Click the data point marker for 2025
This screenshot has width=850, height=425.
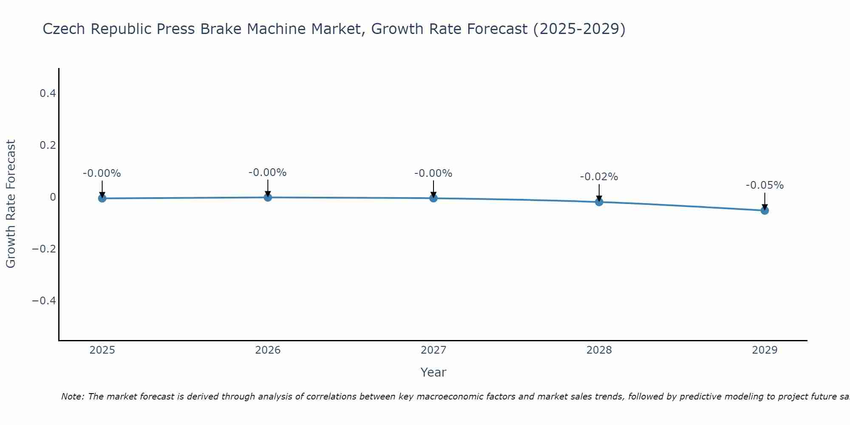[102, 198]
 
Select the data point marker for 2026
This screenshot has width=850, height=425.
[268, 197]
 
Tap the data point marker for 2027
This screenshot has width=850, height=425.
[433, 198]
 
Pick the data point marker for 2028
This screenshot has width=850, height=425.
[599, 202]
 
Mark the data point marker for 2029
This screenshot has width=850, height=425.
[765, 210]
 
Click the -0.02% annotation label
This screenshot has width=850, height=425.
[599, 177]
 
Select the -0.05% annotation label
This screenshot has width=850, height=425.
[765, 185]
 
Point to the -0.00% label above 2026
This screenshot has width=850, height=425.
[268, 173]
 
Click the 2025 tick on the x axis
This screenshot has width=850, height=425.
[102, 350]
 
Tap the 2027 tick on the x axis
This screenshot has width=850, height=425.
[433, 350]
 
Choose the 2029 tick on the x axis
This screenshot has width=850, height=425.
[765, 350]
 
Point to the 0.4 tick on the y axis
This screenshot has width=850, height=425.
[48, 93]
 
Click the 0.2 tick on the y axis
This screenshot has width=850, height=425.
[48, 145]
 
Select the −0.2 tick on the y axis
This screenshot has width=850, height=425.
[44, 249]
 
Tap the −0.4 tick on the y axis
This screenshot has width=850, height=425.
[44, 300]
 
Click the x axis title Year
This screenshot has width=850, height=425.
[433, 372]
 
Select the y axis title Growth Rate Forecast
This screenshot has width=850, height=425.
[11, 204]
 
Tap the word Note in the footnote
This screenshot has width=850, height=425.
[72, 397]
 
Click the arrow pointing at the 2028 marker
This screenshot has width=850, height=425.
[599, 192]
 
